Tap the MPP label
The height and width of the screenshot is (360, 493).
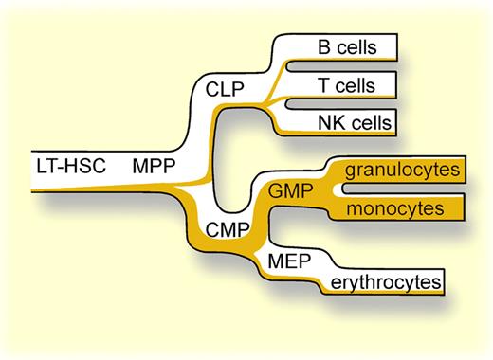pyautogui.click(x=153, y=165)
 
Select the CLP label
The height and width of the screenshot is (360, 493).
pyautogui.click(x=226, y=91)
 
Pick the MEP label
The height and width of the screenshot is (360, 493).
pyautogui.click(x=292, y=259)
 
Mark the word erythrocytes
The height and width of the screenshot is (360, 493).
pyautogui.click(x=386, y=281)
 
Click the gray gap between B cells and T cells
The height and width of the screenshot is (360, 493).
pyautogui.click(x=351, y=66)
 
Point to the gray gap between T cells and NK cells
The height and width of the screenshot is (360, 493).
pyautogui.click(x=351, y=103)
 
